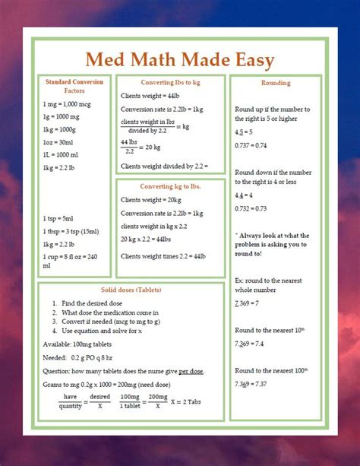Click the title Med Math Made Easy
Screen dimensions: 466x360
tap(179, 59)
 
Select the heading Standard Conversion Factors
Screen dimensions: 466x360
tap(74, 86)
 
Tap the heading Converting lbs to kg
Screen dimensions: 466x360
tap(169, 82)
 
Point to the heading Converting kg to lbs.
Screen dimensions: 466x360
tap(169, 186)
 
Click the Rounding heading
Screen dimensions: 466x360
tap(275, 82)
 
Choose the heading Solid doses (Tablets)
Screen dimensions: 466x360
tap(130, 290)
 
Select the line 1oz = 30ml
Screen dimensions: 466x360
tap(58, 142)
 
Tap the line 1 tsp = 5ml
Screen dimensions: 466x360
tap(59, 219)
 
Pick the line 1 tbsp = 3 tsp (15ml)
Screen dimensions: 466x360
tap(74, 232)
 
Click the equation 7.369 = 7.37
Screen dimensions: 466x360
tap(251, 385)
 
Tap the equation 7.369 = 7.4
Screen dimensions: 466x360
tap(249, 344)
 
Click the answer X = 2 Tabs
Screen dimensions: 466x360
tap(193, 401)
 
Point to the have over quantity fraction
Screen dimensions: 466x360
tap(71, 401)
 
